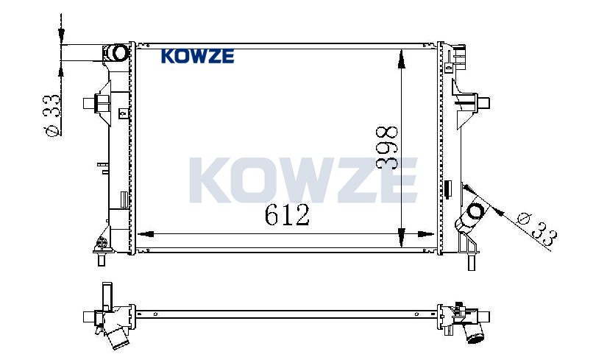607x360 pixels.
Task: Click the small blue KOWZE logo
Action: [x=197, y=56]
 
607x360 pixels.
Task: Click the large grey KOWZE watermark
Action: [x=303, y=180]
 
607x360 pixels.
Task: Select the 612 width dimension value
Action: [x=287, y=215]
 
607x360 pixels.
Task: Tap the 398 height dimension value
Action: [x=387, y=147]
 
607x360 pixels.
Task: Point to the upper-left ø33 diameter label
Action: [x=52, y=115]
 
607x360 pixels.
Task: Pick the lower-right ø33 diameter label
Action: [x=538, y=230]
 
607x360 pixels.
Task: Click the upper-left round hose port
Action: [x=118, y=53]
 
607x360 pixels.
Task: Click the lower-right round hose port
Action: [x=475, y=211]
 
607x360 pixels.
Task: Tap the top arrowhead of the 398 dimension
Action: [x=402, y=59]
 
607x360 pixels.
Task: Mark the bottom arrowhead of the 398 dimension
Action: [x=402, y=237]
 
